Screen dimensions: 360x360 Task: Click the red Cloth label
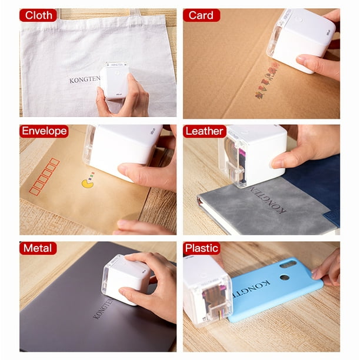pos(38,15)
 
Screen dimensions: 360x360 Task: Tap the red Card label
pos(201,15)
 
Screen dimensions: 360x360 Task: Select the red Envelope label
pos(44,131)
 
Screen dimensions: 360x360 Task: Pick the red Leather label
pos(204,131)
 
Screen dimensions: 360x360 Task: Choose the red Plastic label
pos(202,248)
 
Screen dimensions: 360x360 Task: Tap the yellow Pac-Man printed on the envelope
pos(88,184)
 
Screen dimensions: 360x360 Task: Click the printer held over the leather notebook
pos(254,154)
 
